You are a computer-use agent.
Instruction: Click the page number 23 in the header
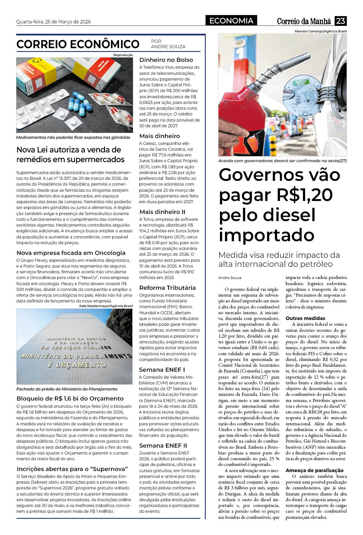point(340,21)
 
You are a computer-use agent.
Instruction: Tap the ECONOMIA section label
point(231,21)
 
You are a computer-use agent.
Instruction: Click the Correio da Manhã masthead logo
point(304,21)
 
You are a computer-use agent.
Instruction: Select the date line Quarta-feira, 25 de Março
point(54,22)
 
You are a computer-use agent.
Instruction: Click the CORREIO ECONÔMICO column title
point(78,44)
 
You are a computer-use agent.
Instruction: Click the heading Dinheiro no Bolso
point(166,60)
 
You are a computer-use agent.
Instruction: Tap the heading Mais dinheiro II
point(162,212)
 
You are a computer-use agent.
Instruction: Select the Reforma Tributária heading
point(167,288)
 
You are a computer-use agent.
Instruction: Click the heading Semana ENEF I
point(162,370)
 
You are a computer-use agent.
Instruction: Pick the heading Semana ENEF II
point(163,445)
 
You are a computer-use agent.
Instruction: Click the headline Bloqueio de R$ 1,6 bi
point(70,398)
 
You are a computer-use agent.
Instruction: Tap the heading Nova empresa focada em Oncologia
point(71,253)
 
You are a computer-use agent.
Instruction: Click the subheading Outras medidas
point(305,318)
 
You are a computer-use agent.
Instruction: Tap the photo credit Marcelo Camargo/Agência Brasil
point(321,32)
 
